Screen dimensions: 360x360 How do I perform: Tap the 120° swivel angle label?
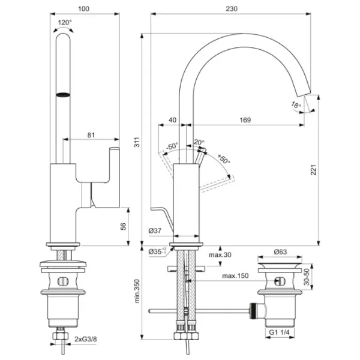(64, 23)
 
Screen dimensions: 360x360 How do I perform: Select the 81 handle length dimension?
(91, 135)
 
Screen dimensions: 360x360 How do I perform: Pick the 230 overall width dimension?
(231, 9)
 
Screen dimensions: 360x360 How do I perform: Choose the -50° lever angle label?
(173, 146)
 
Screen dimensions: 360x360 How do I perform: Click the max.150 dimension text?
(235, 276)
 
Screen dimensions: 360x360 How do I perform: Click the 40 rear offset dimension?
(173, 120)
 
